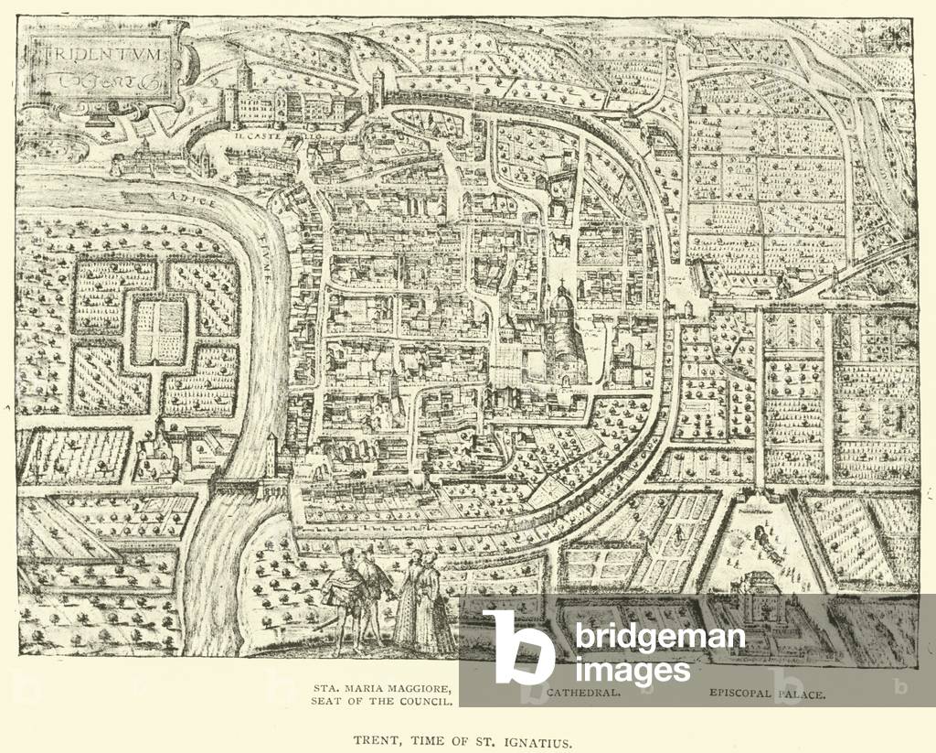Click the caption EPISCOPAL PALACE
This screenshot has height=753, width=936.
tap(766, 694)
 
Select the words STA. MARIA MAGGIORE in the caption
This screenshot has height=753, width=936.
tap(384, 686)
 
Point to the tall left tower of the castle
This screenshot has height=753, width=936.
tap(243, 78)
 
